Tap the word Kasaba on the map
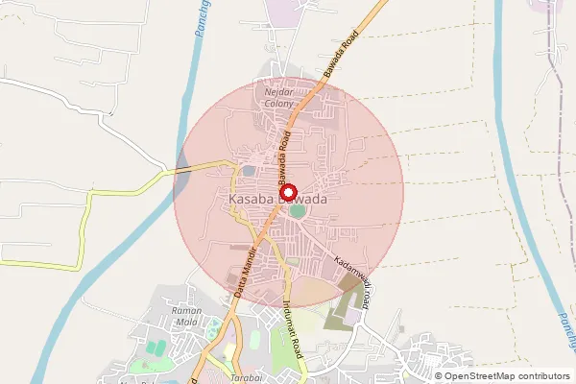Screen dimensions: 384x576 coord(252,199)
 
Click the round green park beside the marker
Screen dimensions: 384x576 coord(298,210)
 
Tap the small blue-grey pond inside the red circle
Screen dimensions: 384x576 coord(249,171)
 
